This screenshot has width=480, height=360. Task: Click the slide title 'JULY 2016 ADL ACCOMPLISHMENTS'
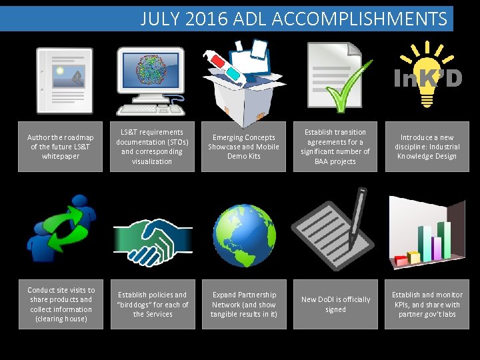point(293,18)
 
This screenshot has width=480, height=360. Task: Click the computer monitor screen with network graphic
point(151,71)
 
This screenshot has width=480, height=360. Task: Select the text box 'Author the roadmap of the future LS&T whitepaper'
point(60,147)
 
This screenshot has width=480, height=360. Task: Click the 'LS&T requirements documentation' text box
point(152,147)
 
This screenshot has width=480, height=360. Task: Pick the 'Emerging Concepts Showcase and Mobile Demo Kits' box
point(243,147)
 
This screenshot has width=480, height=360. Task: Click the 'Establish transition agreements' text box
point(335,147)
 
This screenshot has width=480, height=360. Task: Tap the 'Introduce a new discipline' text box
point(427,147)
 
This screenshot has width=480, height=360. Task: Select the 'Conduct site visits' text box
point(61,304)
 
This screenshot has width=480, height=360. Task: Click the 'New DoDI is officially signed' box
point(335,304)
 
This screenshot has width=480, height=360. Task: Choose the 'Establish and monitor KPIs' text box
point(427,304)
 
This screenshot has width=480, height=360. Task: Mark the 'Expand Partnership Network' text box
point(243,304)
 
